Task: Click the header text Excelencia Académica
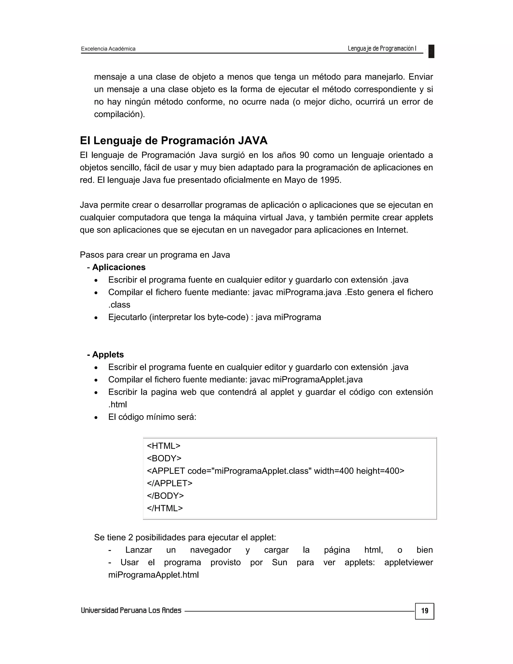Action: coord(108,49)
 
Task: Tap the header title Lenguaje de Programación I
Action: coord(382,48)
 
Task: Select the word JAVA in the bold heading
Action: coord(252,141)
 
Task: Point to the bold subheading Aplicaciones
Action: coord(118,267)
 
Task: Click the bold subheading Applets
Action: coord(108,355)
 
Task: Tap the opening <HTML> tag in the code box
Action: coord(164,446)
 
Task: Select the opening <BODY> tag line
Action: coord(164,458)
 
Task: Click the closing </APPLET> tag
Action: coord(170,483)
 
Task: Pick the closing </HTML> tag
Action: coord(165,508)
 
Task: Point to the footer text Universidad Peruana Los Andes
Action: coord(131,610)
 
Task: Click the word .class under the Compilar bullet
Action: coord(119,305)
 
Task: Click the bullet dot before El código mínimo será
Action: coord(96,418)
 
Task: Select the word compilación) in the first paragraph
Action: coord(119,114)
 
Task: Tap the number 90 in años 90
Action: coord(304,155)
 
